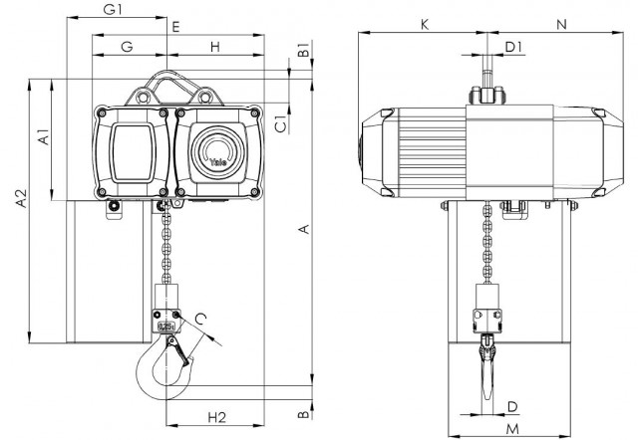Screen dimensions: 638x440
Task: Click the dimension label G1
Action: [113, 9]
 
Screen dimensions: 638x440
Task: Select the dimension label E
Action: [175, 27]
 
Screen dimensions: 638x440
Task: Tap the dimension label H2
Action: [217, 417]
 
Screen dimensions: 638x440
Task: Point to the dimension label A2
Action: [21, 198]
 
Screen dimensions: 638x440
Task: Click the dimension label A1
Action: [43, 136]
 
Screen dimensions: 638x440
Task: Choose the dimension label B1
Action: [304, 49]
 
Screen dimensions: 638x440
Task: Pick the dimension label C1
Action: [281, 124]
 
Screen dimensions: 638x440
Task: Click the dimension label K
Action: [425, 25]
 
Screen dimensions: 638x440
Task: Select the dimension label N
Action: [561, 25]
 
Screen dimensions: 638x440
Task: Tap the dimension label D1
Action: [513, 47]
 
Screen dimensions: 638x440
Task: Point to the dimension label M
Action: [513, 429]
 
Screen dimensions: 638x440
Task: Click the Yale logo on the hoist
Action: [218, 162]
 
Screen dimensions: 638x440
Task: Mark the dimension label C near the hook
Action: [200, 319]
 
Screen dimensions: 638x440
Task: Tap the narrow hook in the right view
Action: [487, 366]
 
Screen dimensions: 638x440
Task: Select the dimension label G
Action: [128, 47]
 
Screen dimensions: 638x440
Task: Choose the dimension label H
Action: [215, 47]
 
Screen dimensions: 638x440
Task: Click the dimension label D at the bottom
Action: [512, 407]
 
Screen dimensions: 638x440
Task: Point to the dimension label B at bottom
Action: [303, 414]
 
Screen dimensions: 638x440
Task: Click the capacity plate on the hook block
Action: [166, 326]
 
